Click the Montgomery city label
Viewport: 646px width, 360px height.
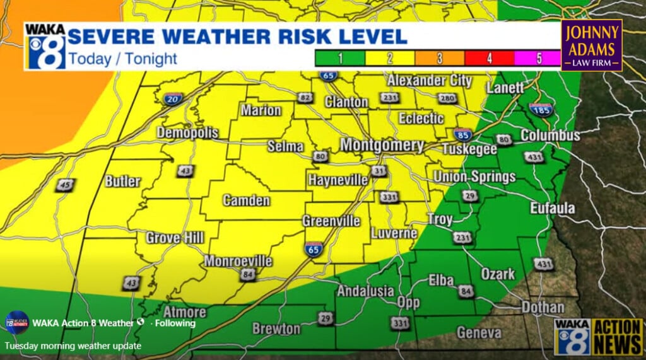[x=382, y=145]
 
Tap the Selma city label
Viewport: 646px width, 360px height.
[x=286, y=146]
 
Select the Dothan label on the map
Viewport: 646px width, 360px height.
[x=543, y=308]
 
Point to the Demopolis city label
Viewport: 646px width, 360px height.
[x=187, y=133]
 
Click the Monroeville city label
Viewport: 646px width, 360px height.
[x=238, y=261]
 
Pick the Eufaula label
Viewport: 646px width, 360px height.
[x=552, y=208]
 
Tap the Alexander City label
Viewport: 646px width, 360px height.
[x=429, y=81]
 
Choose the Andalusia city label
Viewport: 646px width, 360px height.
[x=366, y=291]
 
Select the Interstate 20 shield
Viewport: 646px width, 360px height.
[x=174, y=98]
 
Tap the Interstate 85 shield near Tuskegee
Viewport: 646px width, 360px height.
[x=462, y=134]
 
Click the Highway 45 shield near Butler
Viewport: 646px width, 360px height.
[x=64, y=185]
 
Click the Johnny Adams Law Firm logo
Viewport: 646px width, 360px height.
[x=591, y=45]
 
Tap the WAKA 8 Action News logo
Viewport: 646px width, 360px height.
[x=597, y=335]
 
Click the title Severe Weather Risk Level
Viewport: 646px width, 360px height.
[x=237, y=35]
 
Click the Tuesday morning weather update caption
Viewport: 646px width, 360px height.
[x=73, y=345]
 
